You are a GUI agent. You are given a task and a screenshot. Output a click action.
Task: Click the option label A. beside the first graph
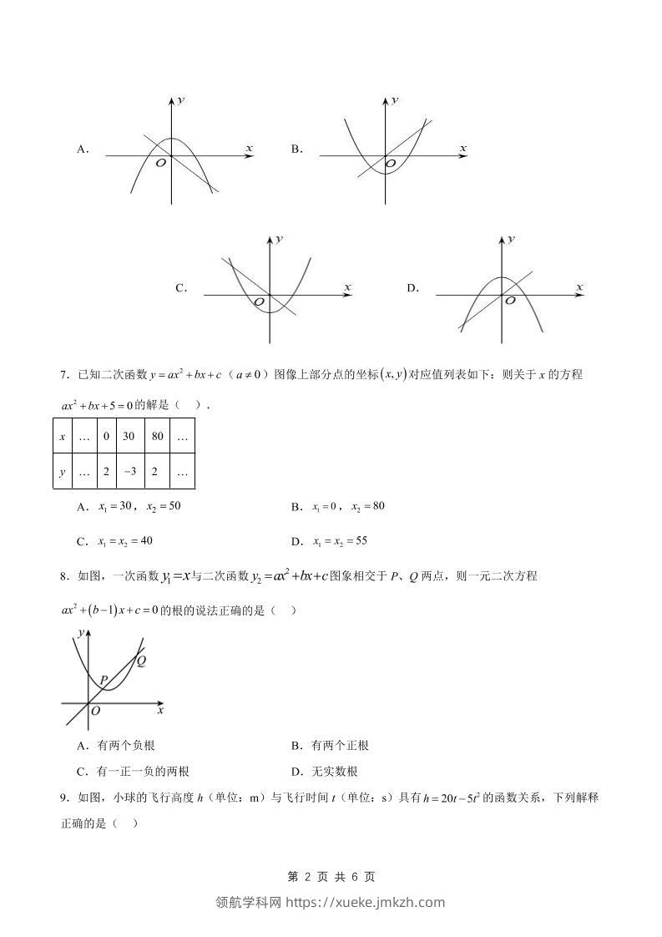83,149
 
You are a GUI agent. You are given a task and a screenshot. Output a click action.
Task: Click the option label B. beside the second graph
296,149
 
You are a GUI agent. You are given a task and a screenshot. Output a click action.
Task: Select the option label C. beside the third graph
180,288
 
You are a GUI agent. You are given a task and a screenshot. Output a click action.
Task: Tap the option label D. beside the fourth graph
412,288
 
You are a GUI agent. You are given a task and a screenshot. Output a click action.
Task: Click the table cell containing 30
129,437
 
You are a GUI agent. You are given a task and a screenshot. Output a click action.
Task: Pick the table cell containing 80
156,437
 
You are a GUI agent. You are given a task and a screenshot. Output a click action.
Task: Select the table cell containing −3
129,471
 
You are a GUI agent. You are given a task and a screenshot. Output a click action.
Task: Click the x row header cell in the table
63,437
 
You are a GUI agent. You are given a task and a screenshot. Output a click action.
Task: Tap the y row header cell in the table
63,471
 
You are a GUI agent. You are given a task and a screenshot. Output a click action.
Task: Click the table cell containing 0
106,437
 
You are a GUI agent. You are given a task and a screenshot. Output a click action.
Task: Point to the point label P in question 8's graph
103,680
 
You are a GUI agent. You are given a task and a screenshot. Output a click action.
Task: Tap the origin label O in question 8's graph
96,711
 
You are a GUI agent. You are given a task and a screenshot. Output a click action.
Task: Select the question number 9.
64,798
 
